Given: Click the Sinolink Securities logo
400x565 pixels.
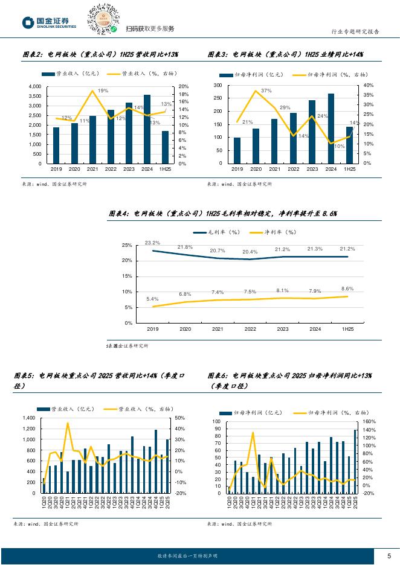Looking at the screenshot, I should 50,23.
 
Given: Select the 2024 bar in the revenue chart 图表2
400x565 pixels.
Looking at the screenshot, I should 147,129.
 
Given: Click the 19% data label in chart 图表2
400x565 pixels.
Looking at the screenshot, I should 103,91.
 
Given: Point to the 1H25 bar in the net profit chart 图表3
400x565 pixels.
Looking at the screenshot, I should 349,145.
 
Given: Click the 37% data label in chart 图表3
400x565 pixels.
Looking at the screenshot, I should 258,91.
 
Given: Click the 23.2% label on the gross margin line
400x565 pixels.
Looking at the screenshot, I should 152,243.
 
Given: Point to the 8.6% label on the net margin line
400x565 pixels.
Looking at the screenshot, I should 347,289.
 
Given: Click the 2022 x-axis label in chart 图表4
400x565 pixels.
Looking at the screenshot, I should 250,330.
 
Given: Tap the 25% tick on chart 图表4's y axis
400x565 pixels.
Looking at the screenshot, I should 127,245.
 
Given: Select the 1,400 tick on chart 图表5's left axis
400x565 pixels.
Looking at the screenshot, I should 28,418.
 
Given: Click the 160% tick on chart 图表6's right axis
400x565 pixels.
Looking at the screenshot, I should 369,421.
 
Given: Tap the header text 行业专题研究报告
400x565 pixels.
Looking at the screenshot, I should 355,32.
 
